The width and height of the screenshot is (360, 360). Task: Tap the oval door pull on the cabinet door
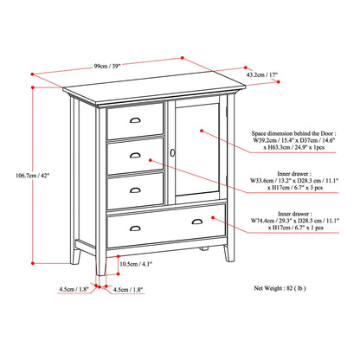point(172,151)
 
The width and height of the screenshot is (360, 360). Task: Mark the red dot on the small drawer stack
point(152,160)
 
